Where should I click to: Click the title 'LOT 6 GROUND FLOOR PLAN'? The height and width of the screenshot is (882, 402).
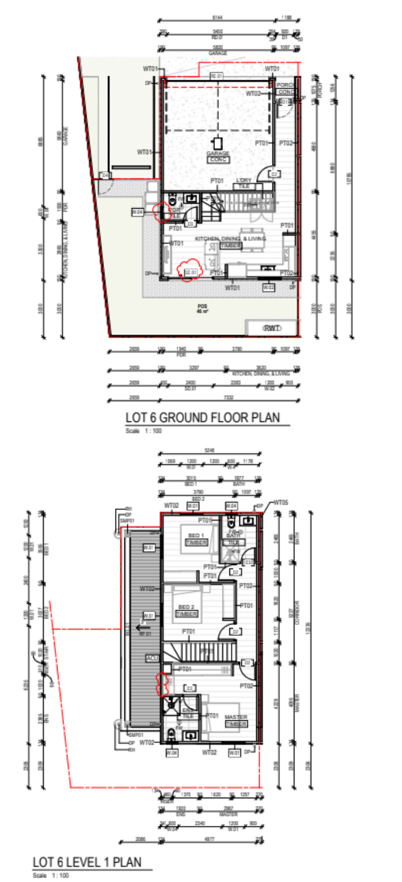click(203, 417)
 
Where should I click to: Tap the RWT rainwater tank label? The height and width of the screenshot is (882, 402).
click(272, 328)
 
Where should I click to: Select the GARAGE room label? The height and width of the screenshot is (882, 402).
click(217, 153)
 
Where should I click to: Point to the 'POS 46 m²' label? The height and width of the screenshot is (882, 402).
click(202, 308)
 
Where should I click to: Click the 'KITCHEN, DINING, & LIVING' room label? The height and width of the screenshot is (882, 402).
click(230, 239)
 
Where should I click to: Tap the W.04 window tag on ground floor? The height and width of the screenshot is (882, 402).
click(138, 212)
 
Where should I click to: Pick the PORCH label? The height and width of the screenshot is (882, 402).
click(286, 85)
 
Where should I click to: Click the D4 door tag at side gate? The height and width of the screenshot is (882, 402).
click(105, 175)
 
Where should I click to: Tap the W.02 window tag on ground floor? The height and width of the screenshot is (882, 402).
click(268, 287)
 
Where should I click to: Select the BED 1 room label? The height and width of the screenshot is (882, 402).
click(196, 535)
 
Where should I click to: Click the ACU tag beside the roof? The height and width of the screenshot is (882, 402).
click(152, 658)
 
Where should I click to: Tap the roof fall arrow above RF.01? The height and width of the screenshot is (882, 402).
click(139, 627)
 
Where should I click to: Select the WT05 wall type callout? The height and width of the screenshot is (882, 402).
click(281, 502)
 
